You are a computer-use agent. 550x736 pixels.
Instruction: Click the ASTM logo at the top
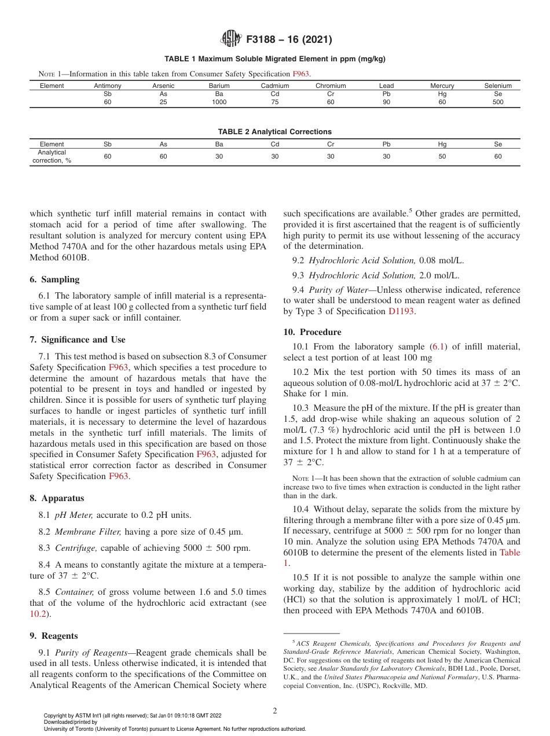tap(231, 39)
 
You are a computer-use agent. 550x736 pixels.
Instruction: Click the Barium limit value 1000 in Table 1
tap(219, 102)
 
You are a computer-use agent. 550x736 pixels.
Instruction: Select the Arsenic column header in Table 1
tap(163, 86)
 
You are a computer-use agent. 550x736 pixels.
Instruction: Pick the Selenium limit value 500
tap(498, 102)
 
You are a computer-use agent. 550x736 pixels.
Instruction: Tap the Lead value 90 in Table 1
tap(386, 102)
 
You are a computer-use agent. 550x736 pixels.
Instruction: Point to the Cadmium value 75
tap(275, 102)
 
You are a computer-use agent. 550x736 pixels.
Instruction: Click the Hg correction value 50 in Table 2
tap(442, 156)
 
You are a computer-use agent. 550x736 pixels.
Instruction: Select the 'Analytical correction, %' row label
tap(52, 156)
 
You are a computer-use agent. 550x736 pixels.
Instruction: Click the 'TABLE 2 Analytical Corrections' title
tap(274, 131)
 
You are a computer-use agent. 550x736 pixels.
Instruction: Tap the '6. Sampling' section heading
tap(54, 279)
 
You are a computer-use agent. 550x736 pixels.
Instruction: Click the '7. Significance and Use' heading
tap(77, 340)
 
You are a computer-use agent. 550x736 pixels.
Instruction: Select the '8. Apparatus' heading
tap(57, 498)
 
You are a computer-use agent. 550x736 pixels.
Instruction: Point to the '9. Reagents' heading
tap(54, 636)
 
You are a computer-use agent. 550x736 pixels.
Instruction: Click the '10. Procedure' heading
tap(312, 332)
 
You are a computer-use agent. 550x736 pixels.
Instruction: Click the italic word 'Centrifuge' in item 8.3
tap(75, 548)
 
